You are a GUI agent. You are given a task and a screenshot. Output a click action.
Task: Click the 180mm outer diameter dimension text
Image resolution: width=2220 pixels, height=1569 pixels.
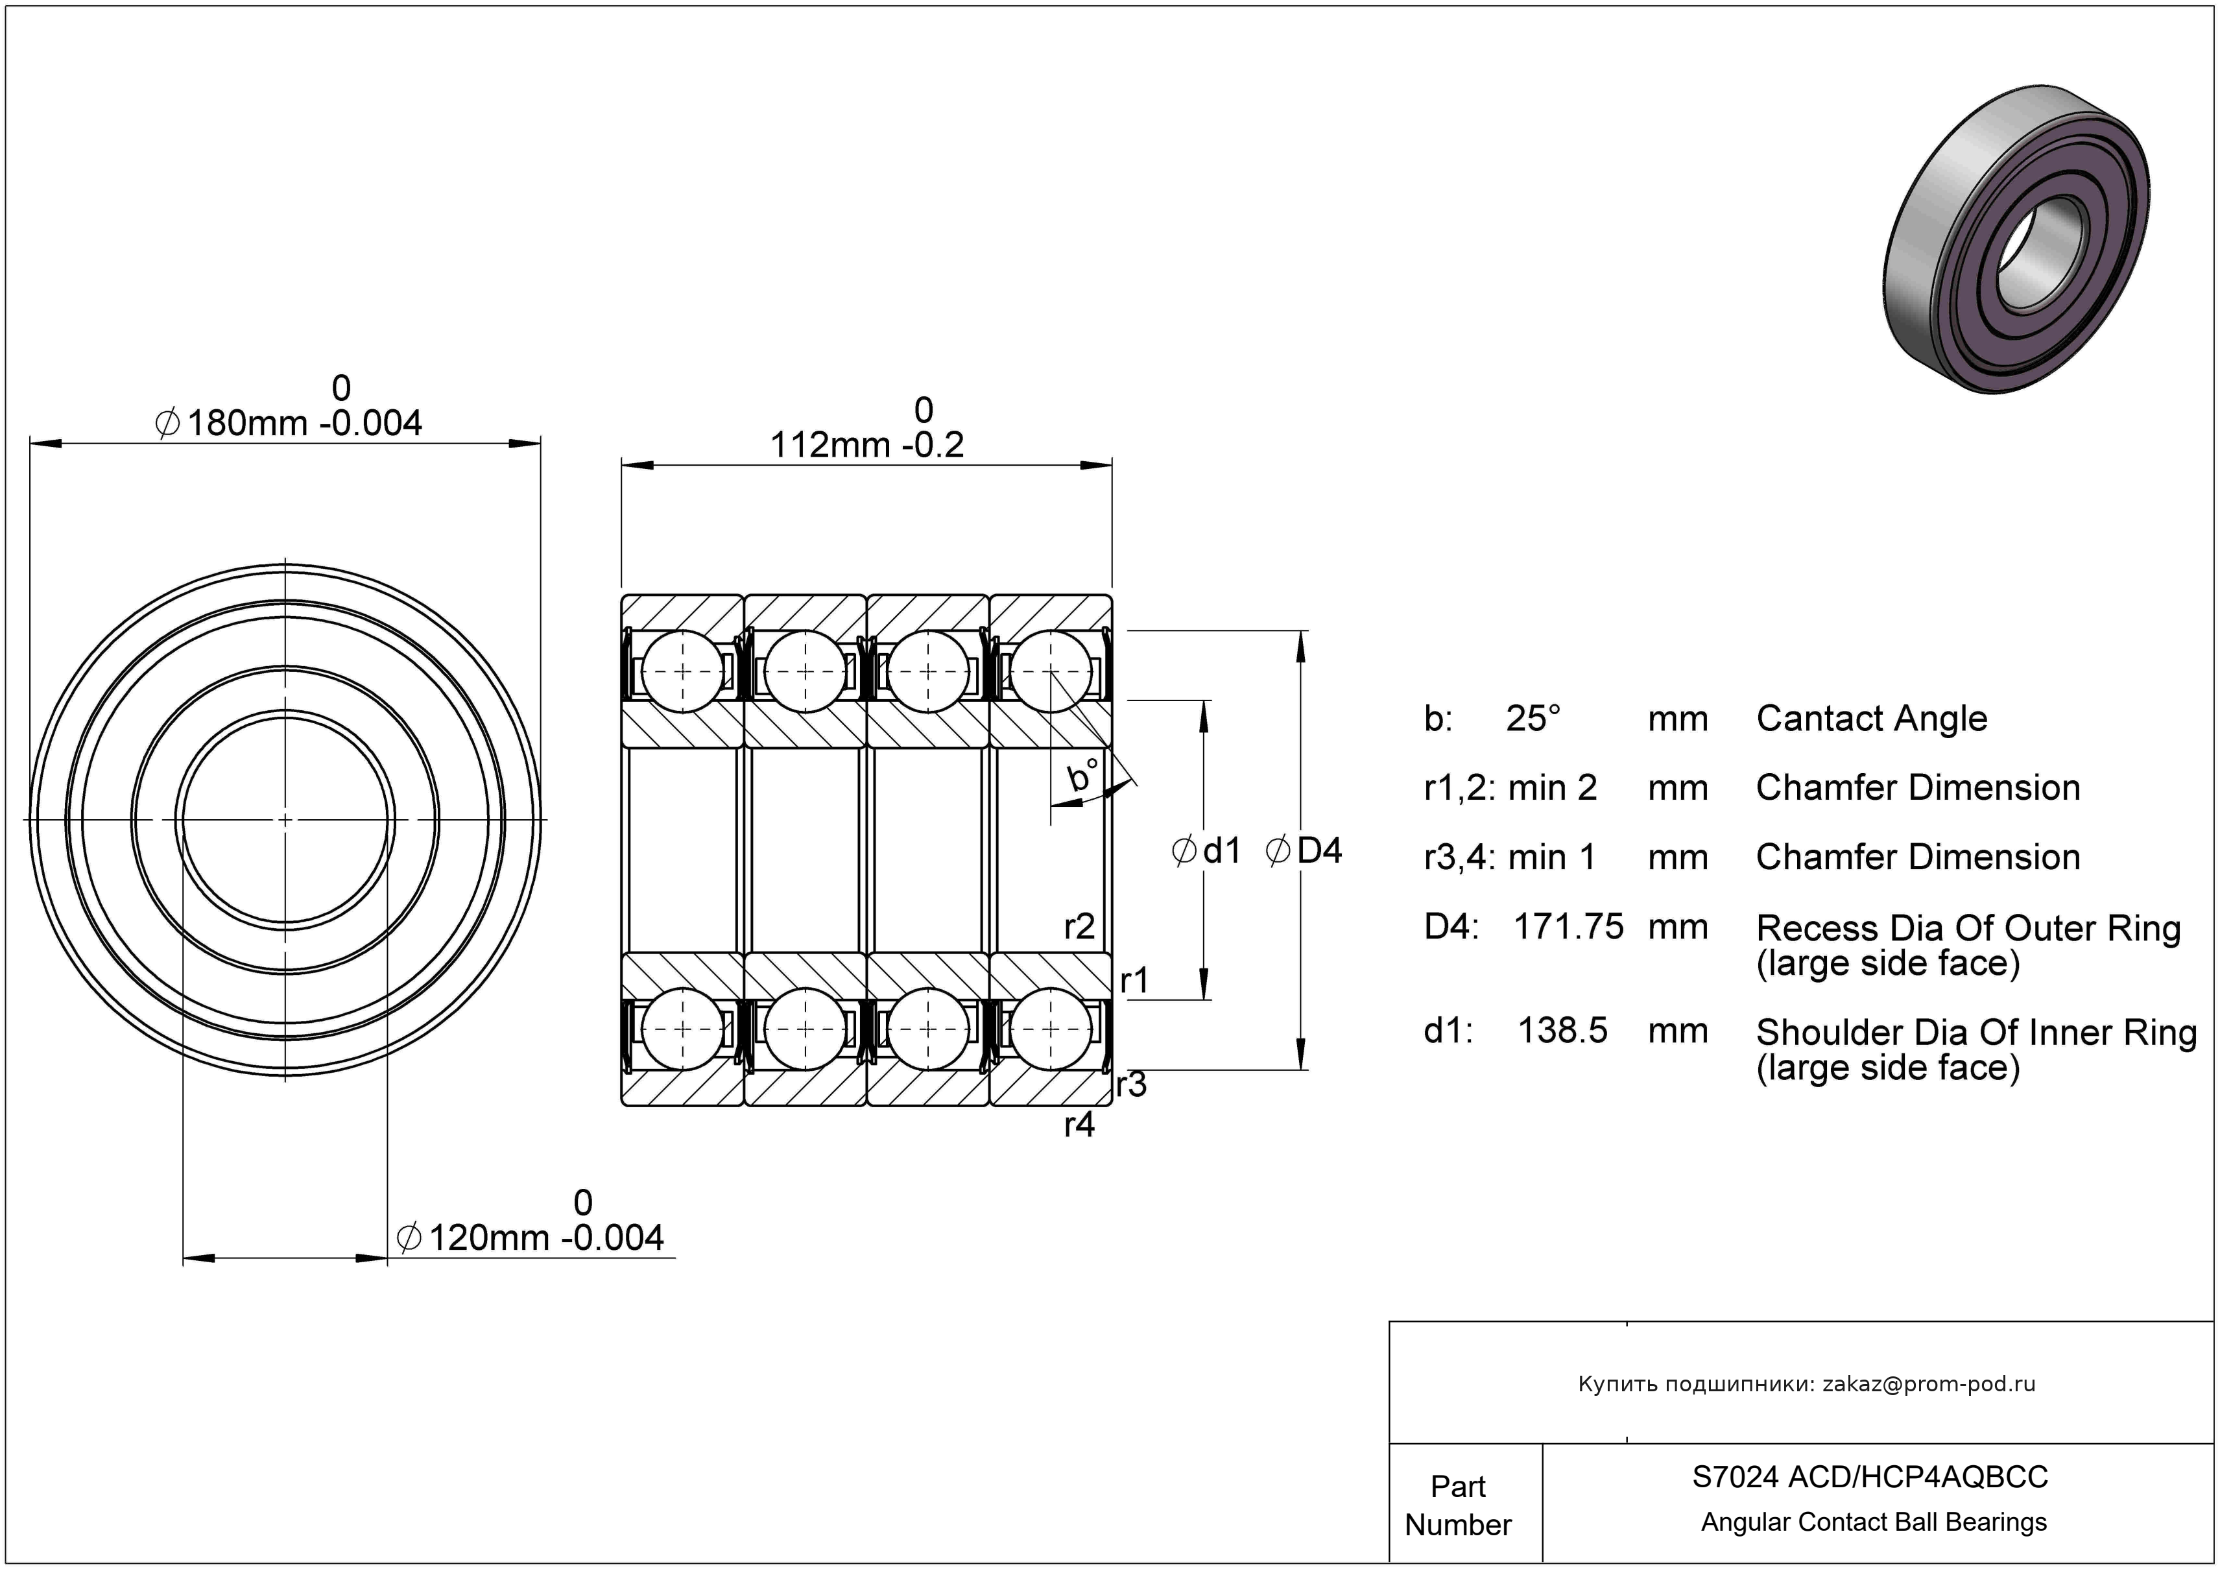point(289,424)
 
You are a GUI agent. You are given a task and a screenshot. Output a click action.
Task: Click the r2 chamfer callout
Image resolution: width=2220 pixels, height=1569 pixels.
point(1079,926)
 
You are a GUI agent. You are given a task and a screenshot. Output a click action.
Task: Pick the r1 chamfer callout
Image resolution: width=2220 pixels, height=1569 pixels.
point(1134,981)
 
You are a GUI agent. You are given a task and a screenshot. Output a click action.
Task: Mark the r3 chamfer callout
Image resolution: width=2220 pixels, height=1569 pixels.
point(1131,1084)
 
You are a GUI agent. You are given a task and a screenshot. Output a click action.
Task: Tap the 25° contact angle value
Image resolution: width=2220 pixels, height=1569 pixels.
point(1533,718)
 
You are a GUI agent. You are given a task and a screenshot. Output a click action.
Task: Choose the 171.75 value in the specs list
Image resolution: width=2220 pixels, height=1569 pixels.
point(1568,926)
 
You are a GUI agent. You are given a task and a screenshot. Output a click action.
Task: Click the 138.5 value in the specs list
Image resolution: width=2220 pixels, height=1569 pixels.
point(1562,1031)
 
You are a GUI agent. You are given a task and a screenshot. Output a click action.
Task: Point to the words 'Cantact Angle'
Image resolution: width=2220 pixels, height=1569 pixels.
point(1871,718)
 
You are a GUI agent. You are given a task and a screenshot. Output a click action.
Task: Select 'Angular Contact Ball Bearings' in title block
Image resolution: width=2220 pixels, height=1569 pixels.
point(1874,1522)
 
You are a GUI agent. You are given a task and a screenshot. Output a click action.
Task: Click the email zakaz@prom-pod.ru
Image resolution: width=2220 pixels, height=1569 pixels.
point(1929,1384)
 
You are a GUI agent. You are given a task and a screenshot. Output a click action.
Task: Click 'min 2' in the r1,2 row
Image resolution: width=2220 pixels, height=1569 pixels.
point(1552,788)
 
